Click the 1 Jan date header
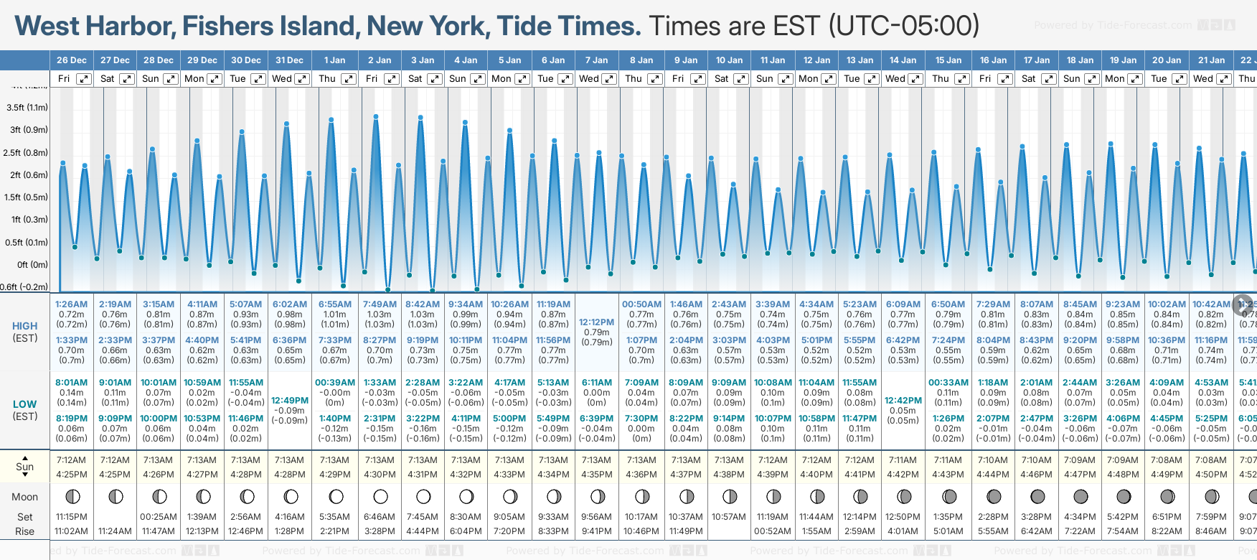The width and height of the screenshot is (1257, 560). click(334, 60)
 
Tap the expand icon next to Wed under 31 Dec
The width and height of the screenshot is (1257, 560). click(302, 79)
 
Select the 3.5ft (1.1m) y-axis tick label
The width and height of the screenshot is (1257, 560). click(27, 108)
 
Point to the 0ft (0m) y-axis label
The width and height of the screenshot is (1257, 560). click(33, 265)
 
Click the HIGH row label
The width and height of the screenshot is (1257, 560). click(25, 326)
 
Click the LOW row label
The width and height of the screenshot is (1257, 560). click(25, 404)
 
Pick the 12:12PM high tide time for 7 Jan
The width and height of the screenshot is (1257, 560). click(596, 322)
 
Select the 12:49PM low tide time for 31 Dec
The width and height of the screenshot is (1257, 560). click(290, 401)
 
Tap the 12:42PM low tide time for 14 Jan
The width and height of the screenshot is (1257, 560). click(903, 401)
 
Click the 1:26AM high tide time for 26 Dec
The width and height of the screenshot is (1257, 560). click(71, 304)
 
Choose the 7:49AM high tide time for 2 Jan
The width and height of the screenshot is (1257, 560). click(380, 304)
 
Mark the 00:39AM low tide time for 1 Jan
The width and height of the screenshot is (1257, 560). click(335, 383)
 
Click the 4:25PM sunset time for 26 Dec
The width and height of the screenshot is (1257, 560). click(71, 475)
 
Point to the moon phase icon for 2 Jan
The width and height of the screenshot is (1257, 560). click(380, 496)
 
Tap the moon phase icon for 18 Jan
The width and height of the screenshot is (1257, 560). click(1081, 496)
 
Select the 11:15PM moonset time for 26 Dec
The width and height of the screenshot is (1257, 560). click(71, 517)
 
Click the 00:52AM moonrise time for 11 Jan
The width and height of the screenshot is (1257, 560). click(773, 531)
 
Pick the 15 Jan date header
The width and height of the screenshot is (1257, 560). click(948, 60)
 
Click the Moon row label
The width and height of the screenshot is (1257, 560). click(25, 497)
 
